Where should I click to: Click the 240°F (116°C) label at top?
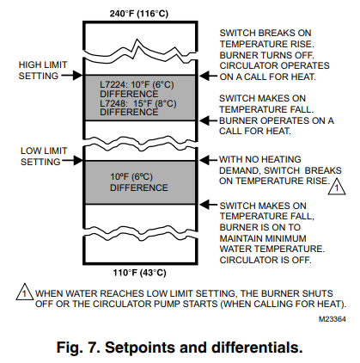click(x=139, y=14)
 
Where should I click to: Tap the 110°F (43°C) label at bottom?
click(x=139, y=272)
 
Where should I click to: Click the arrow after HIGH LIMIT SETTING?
click(x=72, y=76)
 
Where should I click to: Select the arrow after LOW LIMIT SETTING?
click(x=72, y=160)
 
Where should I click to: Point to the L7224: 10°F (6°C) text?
click(x=137, y=85)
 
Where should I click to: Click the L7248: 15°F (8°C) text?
click(x=137, y=103)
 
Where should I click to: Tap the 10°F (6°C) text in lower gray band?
click(x=131, y=177)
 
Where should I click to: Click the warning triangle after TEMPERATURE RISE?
click(x=337, y=187)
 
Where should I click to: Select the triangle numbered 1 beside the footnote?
click(x=25, y=292)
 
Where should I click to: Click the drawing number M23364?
click(x=333, y=319)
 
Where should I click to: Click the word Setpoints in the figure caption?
click(x=140, y=348)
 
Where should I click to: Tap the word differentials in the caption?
click(x=257, y=348)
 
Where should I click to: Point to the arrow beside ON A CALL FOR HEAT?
click(x=209, y=76)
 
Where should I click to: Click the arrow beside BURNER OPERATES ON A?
click(x=209, y=120)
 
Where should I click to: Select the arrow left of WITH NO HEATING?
click(x=209, y=160)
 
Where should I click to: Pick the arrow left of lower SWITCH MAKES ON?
click(x=209, y=205)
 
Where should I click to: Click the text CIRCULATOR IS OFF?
click(x=265, y=260)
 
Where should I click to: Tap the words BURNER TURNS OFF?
click(x=266, y=55)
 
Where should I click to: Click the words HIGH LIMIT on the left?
click(x=43, y=65)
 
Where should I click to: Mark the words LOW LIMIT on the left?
click(x=44, y=151)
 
